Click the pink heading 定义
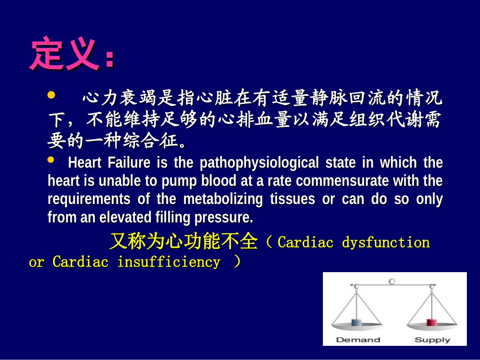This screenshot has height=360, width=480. pos(64,54)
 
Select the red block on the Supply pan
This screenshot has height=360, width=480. pos(431,322)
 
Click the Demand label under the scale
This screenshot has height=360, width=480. pos(358,340)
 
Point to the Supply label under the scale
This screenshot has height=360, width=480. pos(432,340)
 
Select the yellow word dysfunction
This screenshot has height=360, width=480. pos(386,242)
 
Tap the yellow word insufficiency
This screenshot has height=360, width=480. pos(169,262)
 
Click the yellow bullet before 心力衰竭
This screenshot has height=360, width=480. pos(51,95)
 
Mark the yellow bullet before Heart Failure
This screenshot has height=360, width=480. pos(51,160)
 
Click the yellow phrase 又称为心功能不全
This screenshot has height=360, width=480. pos(183,242)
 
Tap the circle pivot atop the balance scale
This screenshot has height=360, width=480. pos(392,281)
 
